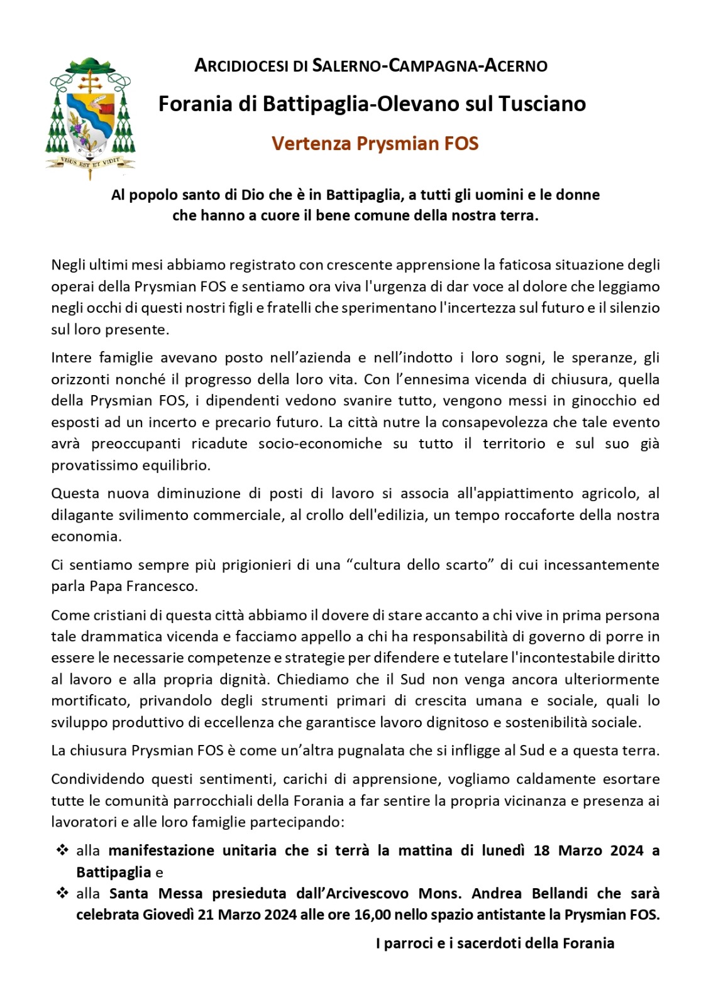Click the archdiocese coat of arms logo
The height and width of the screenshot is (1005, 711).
(90, 116)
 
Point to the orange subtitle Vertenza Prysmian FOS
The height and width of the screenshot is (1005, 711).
(375, 143)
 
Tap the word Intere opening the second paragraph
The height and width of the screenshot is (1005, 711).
(71, 357)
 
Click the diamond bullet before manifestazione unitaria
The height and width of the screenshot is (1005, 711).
(62, 850)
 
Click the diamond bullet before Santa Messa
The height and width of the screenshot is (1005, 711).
(62, 893)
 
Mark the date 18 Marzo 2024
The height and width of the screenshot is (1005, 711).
(588, 850)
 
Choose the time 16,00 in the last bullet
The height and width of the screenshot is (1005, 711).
(372, 915)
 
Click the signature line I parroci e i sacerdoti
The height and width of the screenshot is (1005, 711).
(495, 943)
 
